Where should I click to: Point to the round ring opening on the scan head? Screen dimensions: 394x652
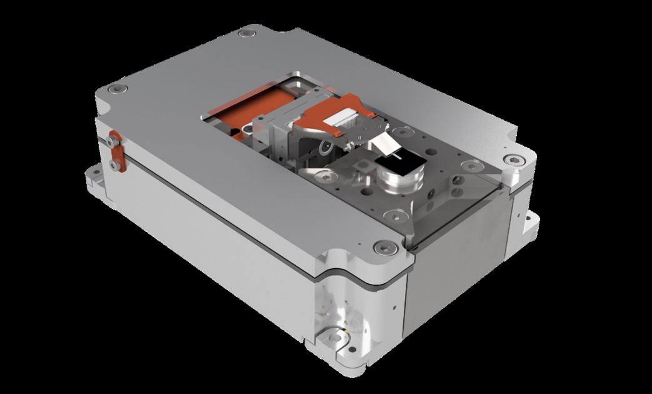tap(326, 149)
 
